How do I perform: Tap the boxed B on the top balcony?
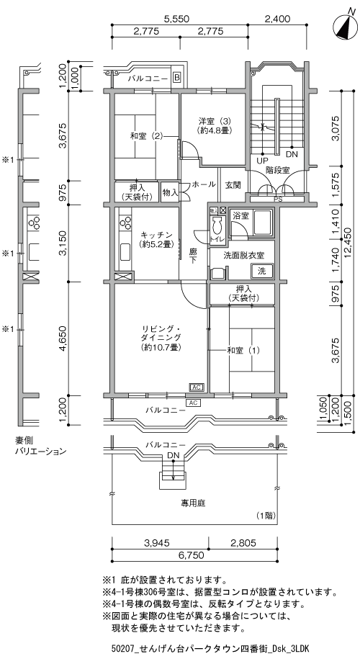(x=176, y=78)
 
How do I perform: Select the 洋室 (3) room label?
(x=215, y=125)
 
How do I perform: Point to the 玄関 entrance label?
(x=233, y=185)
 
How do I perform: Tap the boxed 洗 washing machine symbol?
(x=262, y=271)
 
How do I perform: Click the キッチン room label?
(x=156, y=239)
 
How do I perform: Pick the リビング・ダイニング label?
(x=161, y=338)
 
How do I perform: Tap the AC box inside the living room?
(x=197, y=387)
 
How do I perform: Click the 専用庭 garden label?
(x=193, y=503)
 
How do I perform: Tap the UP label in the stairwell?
(x=263, y=161)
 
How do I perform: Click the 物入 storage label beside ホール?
(x=170, y=193)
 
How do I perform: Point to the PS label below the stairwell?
(x=278, y=198)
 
